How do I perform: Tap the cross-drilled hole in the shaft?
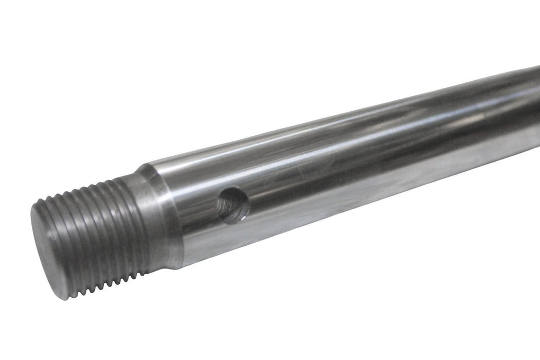pyautogui.click(x=233, y=205)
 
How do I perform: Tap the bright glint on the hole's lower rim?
pyautogui.click(x=238, y=219)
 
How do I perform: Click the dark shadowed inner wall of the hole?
pyautogui.click(x=226, y=203)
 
